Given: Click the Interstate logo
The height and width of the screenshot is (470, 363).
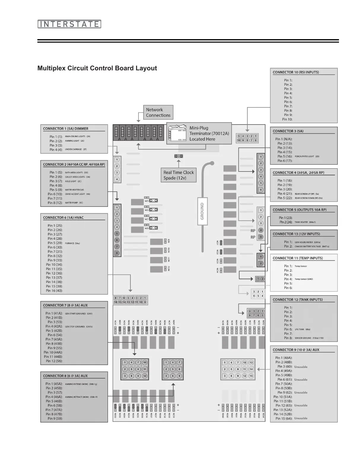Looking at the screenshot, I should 69,24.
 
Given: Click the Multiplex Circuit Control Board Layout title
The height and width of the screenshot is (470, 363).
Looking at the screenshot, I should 97,68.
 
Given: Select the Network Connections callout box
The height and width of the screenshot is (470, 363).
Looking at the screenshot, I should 158,112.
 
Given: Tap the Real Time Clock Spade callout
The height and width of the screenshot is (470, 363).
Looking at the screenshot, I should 179,175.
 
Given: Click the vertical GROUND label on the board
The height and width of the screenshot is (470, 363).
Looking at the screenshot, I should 202,211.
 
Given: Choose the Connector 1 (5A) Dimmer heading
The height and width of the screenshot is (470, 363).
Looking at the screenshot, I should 66,129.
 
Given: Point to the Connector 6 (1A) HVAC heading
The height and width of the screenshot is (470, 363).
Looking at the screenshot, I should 63,217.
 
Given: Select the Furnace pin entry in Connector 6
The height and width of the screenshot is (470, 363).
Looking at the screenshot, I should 72,243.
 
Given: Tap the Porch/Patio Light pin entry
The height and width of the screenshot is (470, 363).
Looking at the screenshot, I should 307,156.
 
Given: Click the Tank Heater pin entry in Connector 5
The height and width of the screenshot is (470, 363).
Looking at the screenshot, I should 305,222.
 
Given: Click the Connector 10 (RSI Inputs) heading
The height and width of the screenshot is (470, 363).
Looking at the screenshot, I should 296,72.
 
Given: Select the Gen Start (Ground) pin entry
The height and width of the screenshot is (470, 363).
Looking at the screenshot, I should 78,313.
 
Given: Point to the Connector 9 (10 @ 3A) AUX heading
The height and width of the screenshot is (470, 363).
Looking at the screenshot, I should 296,350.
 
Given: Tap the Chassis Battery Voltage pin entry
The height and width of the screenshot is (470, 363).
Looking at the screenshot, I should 312,246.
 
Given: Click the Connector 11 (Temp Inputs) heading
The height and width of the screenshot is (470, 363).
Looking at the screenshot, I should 297,258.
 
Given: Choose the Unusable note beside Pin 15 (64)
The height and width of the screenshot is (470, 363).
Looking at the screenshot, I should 301,418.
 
